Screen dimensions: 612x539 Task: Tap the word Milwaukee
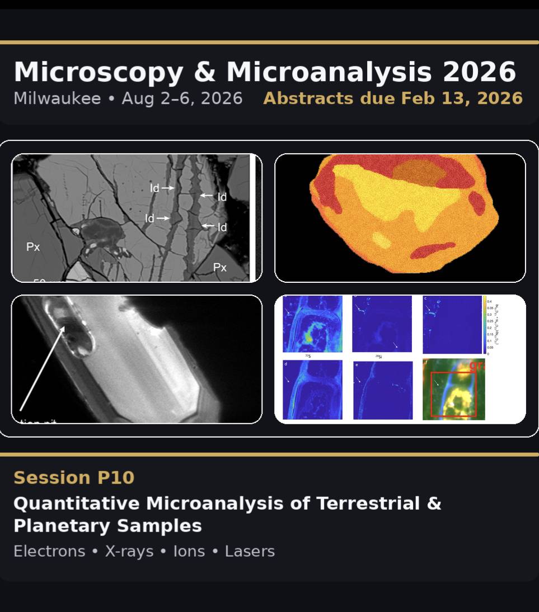click(57, 98)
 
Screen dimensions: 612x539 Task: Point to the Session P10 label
click(74, 478)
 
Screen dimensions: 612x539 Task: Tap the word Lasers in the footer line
click(250, 552)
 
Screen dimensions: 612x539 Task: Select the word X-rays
click(129, 552)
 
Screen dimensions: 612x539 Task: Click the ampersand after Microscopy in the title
click(204, 72)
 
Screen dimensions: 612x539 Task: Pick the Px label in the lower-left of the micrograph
click(33, 246)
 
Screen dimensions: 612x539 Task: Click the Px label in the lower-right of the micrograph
click(220, 268)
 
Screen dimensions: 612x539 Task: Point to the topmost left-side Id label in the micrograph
click(154, 188)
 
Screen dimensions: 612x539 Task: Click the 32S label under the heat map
click(308, 355)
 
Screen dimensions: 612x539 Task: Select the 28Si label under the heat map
click(379, 355)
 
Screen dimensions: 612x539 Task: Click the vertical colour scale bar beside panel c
click(485, 324)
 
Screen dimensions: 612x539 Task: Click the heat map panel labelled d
click(312, 390)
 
